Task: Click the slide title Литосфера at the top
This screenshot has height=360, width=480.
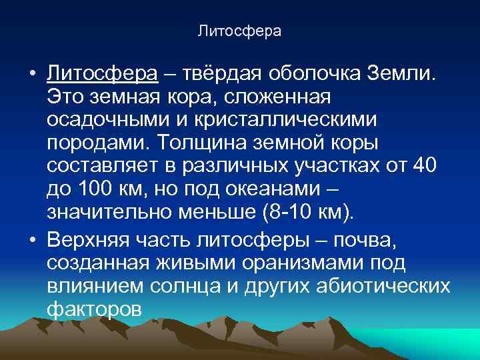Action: tap(240, 31)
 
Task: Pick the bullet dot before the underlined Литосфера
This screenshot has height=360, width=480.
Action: tap(33, 72)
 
